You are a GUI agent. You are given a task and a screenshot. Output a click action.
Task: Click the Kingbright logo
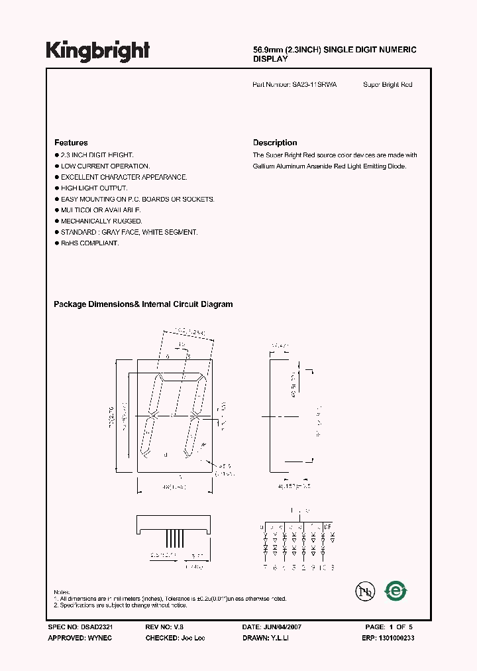coord(98,51)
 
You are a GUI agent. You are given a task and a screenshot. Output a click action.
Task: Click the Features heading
coord(71,143)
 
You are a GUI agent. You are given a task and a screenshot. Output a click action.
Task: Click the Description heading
coord(275,143)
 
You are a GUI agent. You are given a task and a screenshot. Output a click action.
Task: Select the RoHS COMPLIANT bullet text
coord(89,243)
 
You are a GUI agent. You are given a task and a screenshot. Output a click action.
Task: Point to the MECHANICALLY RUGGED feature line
coord(101,221)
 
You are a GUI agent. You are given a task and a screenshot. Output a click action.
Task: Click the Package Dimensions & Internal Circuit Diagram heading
coord(143,304)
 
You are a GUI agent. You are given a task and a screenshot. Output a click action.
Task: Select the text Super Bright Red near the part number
coord(388,85)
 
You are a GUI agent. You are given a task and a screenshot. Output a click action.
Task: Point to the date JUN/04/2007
coord(283,627)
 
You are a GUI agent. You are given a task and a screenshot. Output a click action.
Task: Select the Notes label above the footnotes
coord(62,592)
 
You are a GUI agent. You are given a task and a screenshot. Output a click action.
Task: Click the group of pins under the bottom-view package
coord(175,534)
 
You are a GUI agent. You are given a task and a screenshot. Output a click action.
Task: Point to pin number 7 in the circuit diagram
coord(265,568)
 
